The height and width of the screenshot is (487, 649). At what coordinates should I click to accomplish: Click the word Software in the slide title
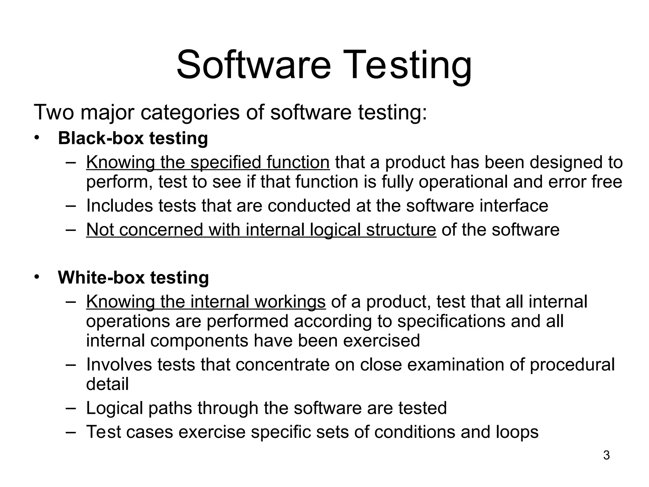(x=254, y=66)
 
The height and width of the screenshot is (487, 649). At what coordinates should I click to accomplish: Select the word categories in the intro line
(x=190, y=113)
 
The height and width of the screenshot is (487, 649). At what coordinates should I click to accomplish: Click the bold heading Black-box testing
(x=133, y=139)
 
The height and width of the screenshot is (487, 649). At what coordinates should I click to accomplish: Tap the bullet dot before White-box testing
(x=37, y=277)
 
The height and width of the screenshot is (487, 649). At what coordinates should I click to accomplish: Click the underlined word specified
(x=225, y=162)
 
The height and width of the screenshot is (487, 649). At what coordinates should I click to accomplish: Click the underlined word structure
(x=401, y=230)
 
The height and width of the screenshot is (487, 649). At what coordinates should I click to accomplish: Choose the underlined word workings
(x=290, y=302)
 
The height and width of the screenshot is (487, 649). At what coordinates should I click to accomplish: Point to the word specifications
(x=451, y=321)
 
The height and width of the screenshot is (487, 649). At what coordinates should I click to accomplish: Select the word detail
(x=107, y=384)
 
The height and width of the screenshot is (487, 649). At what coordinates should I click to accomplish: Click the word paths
(x=170, y=408)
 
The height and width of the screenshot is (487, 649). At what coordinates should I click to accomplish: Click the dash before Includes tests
(x=71, y=206)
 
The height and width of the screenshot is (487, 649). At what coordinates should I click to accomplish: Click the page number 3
(x=606, y=455)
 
